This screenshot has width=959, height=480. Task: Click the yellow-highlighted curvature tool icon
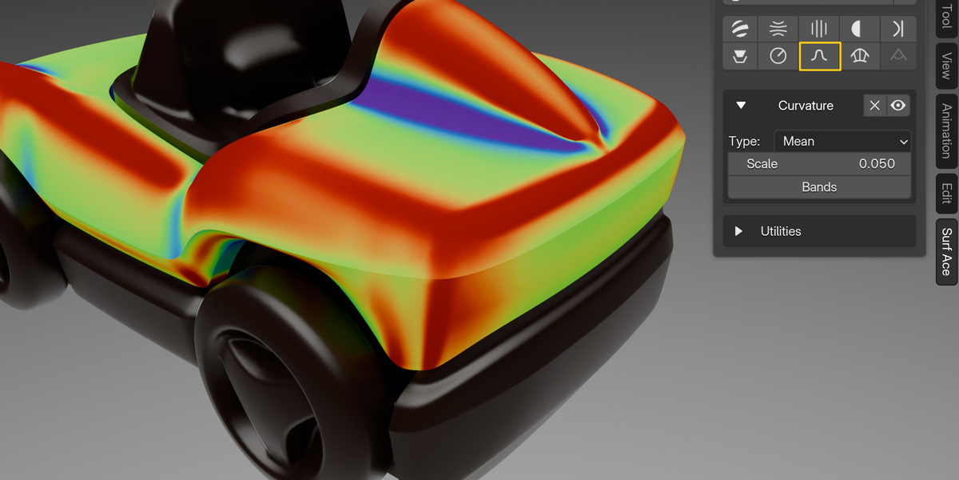[x=820, y=56]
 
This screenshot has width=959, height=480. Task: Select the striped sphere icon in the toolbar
[x=740, y=29]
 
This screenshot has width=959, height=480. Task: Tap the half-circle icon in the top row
[x=856, y=29]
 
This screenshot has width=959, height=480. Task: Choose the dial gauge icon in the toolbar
[x=778, y=56]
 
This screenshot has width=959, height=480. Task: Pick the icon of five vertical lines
[x=819, y=29]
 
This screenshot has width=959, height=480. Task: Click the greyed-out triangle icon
[x=898, y=55]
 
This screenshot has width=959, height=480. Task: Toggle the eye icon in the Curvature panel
[x=897, y=106]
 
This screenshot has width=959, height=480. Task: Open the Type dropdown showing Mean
[x=842, y=142]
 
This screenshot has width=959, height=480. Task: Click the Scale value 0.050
[x=877, y=164]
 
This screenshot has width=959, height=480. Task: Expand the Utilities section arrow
[x=738, y=231]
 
